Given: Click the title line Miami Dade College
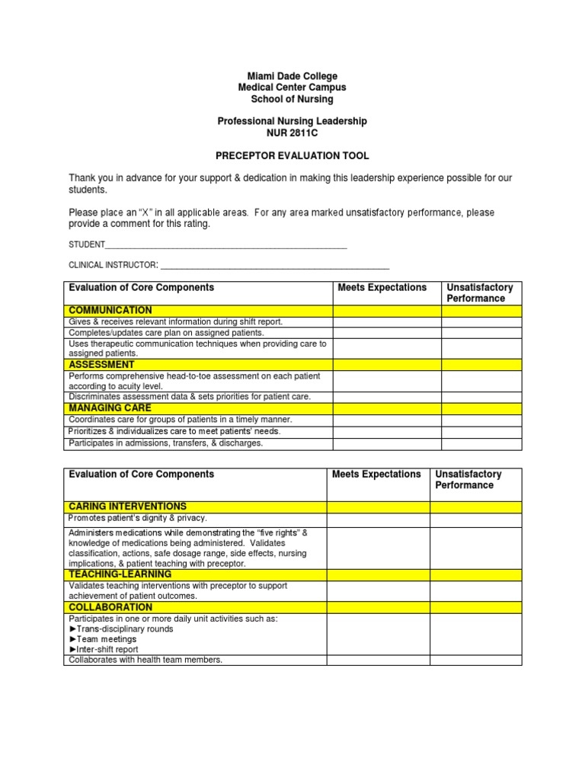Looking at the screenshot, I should tap(292, 76).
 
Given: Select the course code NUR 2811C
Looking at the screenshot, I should tap(292, 133).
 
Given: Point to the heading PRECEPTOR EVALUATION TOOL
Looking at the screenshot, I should tap(292, 155).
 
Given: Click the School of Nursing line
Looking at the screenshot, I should tap(292, 99).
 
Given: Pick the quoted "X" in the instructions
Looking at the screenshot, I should tap(136, 213).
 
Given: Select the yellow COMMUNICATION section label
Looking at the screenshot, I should tap(110, 311).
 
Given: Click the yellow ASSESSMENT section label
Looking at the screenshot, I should tap(101, 365).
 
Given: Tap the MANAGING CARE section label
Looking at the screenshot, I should tap(110, 408).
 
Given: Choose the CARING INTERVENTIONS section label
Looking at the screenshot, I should tap(127, 507).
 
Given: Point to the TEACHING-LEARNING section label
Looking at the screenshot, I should tap(120, 574).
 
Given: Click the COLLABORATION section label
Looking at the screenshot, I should tap(110, 607).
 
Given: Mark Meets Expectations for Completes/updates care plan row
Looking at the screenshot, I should tap(387, 333).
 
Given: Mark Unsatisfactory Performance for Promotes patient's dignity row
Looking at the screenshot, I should tap(476, 519).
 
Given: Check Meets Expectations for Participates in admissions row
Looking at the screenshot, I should tap(387, 443).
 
